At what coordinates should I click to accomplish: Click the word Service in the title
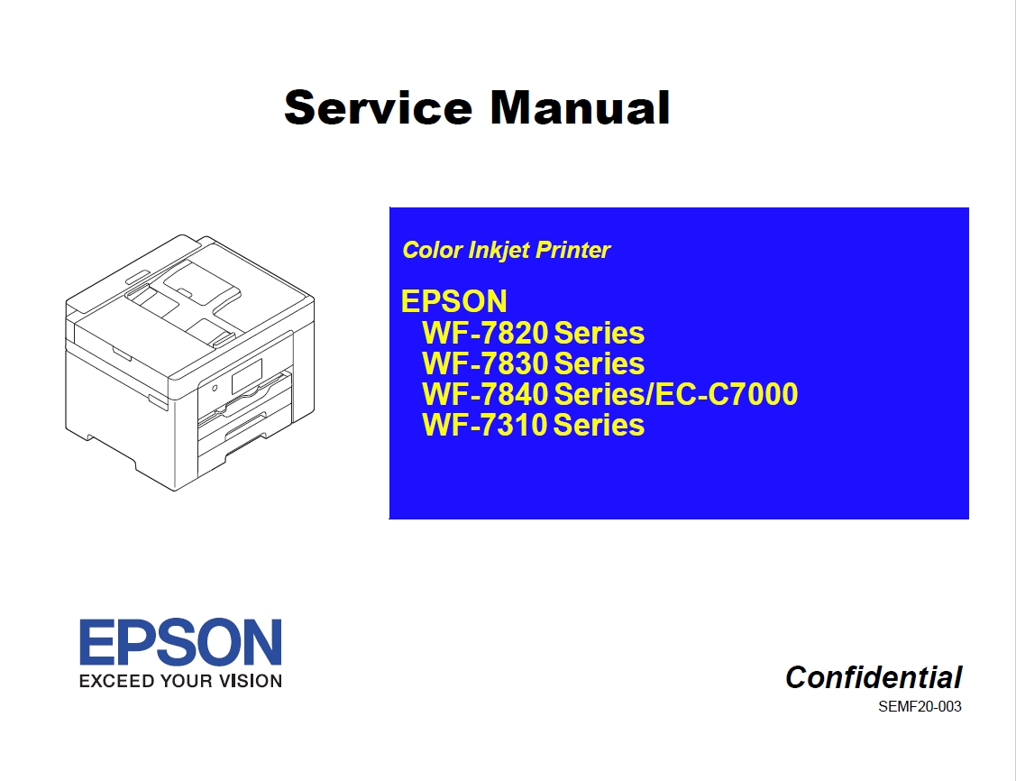click(x=379, y=107)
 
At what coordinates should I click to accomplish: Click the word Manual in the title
click(x=580, y=107)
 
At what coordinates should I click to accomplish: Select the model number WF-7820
click(x=485, y=333)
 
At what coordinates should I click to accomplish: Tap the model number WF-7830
click(x=485, y=363)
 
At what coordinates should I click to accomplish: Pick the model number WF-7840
click(x=485, y=394)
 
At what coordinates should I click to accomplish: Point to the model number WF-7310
click(x=485, y=425)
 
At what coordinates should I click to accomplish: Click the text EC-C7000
click(x=727, y=394)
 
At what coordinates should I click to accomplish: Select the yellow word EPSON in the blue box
click(x=454, y=301)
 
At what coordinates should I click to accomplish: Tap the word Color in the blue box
click(x=432, y=250)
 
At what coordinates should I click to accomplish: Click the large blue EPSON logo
click(x=181, y=641)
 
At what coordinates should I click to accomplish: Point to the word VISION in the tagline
click(x=250, y=681)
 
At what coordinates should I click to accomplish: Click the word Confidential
click(x=874, y=677)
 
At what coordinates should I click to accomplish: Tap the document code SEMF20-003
click(x=920, y=706)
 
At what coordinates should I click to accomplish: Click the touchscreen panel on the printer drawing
click(x=246, y=377)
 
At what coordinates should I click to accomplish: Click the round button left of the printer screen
click(x=215, y=388)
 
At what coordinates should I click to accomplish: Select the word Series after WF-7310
click(x=600, y=425)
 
